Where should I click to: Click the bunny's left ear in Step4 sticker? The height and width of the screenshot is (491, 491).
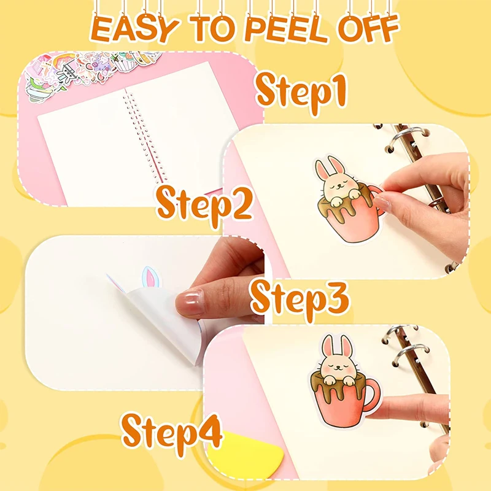click(330, 347)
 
